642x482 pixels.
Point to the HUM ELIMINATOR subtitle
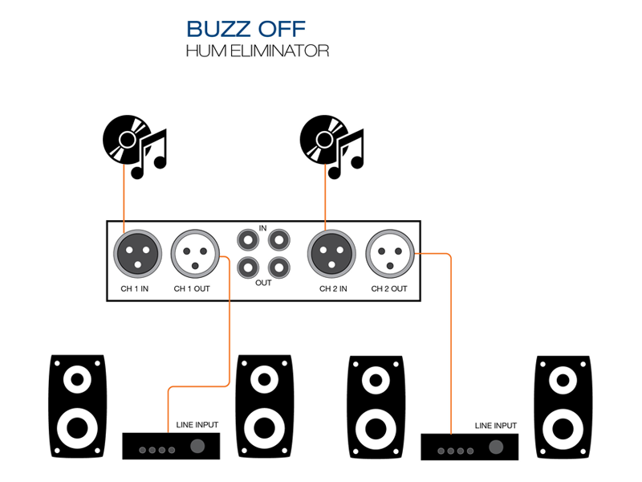tap(257, 51)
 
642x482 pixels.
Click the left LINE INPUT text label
tap(197, 425)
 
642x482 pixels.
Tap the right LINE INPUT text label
tap(495, 425)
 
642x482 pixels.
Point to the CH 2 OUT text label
tap(389, 288)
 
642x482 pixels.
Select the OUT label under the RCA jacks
tap(262, 283)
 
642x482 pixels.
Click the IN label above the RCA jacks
tap(262, 229)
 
